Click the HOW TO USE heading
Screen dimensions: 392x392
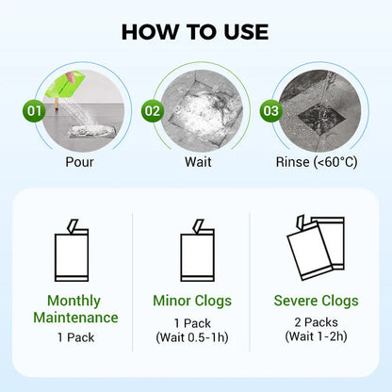196,31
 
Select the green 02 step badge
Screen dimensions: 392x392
153,110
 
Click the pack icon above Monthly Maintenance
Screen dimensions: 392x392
75,253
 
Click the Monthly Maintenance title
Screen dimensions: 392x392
76,309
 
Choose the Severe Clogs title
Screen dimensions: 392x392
315,302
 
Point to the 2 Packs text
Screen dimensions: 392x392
315,321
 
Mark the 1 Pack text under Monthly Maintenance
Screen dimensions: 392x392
76,336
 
